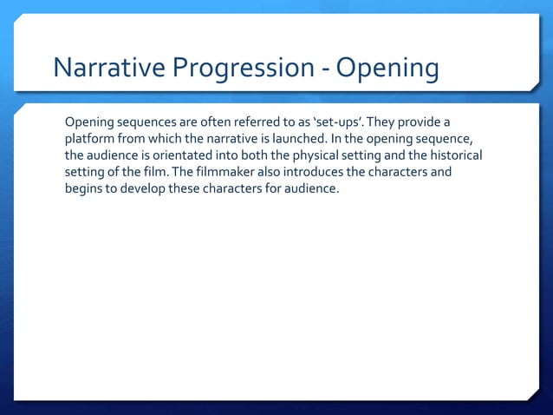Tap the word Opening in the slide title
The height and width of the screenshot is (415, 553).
click(387, 68)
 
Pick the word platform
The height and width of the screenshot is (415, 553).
click(92, 138)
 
